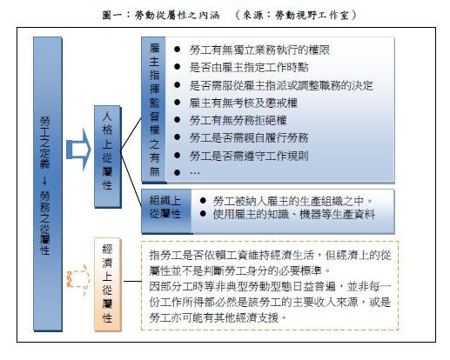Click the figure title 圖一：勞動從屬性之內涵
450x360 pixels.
(161, 15)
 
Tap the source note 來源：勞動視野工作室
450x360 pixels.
(296, 15)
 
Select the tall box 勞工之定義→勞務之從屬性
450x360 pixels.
(48, 183)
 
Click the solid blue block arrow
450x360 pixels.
(78, 150)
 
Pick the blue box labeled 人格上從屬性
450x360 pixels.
(108, 157)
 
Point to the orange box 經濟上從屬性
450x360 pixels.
(108, 284)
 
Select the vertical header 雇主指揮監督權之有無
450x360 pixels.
(154, 110)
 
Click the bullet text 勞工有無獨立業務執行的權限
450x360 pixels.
(259, 50)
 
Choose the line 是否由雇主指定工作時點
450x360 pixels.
(249, 67)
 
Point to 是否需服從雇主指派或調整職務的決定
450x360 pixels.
(281, 85)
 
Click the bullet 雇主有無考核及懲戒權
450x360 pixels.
(243, 103)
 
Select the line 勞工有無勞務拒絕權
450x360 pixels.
(238, 120)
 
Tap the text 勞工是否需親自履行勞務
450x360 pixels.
(249, 137)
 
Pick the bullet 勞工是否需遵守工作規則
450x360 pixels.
(249, 156)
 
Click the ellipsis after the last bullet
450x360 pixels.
(194, 173)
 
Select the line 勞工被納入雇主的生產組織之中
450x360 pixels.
(292, 201)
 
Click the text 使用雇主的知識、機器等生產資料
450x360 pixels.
(293, 215)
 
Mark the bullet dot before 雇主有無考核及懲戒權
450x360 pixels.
(178, 103)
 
